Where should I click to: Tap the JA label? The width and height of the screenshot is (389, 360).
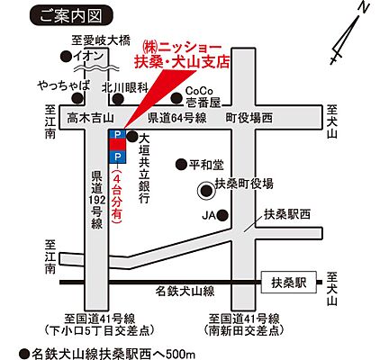[x=208, y=215]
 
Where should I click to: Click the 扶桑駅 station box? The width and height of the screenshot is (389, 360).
[x=289, y=282]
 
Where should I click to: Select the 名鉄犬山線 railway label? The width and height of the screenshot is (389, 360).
[x=185, y=291]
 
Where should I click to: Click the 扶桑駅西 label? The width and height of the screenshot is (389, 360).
[x=287, y=214]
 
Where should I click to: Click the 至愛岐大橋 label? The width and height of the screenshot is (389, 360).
[x=102, y=40]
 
